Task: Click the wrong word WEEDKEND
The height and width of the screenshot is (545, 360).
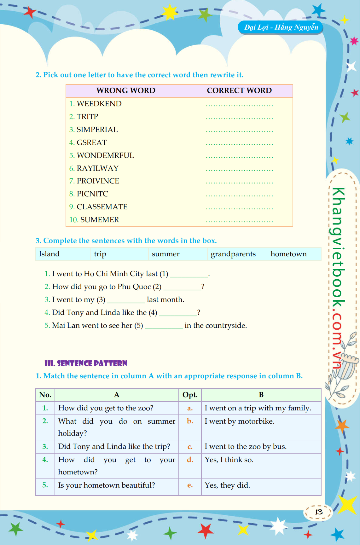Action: pos(99,104)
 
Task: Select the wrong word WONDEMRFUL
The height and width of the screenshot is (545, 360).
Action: pos(105,155)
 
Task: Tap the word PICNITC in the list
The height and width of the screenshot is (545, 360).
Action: pos(92,194)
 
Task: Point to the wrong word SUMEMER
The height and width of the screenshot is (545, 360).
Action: pos(100,220)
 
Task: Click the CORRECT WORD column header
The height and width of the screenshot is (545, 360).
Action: pos(239,90)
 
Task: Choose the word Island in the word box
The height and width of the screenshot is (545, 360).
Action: pos(49,254)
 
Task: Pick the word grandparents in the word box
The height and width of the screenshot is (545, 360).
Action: pos(233,254)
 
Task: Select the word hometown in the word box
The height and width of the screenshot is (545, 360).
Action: pos(288,254)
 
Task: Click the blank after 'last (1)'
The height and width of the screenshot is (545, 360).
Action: pos(189,275)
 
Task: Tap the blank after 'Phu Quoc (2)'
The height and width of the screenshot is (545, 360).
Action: pos(182,287)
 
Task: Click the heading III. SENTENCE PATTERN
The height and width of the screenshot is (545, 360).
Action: pos(86,363)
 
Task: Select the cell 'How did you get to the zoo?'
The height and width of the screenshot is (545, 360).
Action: pos(106,408)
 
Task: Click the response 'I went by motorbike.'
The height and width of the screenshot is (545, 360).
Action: pos(240,421)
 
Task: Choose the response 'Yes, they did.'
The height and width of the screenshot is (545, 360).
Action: pos(227,485)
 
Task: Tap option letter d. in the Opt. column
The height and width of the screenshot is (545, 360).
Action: pos(190,460)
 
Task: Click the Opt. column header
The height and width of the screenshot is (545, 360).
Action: pos(190,395)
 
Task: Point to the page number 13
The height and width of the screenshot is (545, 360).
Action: pos(319,512)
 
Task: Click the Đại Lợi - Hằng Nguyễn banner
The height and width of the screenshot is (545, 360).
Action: pos(281,27)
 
